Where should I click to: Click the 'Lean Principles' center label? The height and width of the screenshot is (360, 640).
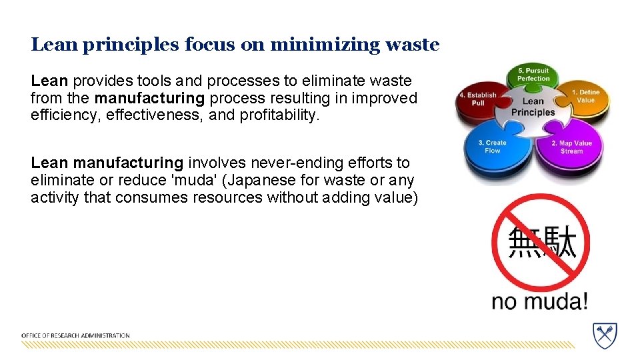pyautogui.click(x=533, y=107)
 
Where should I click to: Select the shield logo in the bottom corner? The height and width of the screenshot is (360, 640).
pyautogui.click(x=605, y=335)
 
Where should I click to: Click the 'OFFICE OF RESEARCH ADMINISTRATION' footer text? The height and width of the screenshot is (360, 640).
pyautogui.click(x=75, y=335)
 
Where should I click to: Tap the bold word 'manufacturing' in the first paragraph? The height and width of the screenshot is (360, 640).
pyautogui.click(x=150, y=99)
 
